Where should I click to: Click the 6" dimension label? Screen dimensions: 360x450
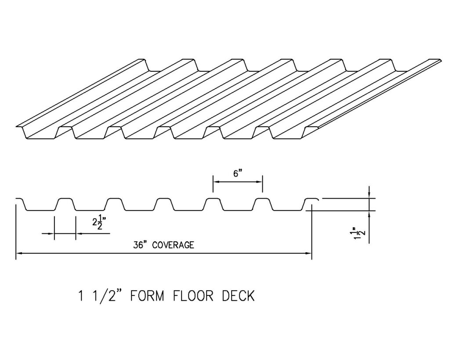(x=238, y=174)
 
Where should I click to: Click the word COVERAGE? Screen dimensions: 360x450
(x=173, y=245)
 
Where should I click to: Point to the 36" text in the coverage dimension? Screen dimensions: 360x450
(x=142, y=245)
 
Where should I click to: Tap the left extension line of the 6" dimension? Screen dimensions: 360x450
(x=213, y=185)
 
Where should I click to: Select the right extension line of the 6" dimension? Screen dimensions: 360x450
(x=262, y=185)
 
